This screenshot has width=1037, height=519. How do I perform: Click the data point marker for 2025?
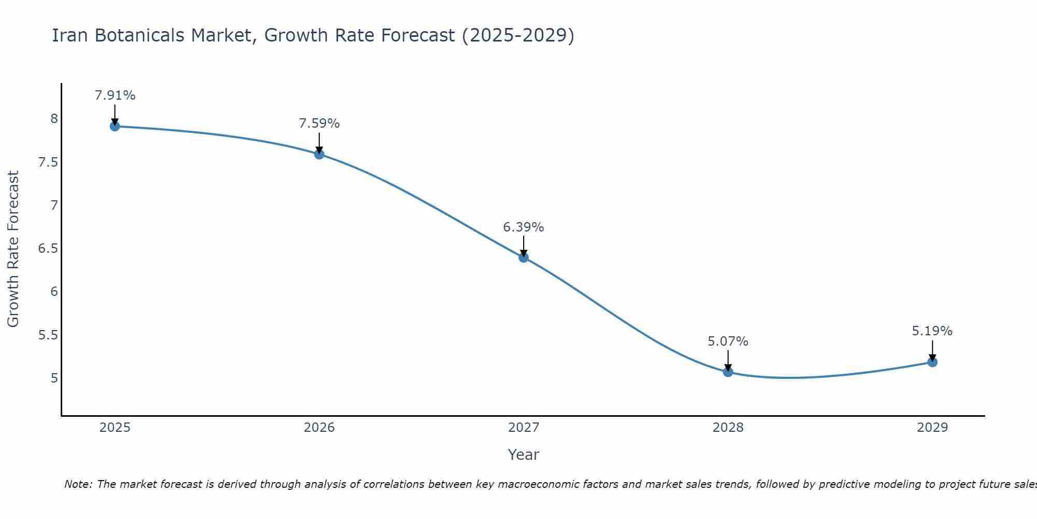(x=115, y=126)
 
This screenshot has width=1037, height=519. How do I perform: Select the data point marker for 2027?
(x=524, y=257)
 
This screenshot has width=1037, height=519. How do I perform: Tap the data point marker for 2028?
(x=728, y=372)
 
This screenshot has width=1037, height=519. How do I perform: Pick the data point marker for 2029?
(x=932, y=362)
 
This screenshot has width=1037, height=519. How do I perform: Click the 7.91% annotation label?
(x=115, y=95)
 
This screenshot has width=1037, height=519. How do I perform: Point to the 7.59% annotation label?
(x=319, y=124)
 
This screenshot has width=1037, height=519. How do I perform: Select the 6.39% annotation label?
(x=524, y=227)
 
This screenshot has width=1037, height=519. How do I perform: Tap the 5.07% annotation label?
(x=728, y=342)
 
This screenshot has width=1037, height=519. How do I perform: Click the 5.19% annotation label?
(x=932, y=331)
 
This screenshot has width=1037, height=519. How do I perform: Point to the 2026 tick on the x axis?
(x=319, y=428)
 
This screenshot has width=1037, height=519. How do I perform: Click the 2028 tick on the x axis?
(x=728, y=428)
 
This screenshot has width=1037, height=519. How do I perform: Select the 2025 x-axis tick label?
(x=115, y=428)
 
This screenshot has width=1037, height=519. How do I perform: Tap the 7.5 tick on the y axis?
(x=48, y=162)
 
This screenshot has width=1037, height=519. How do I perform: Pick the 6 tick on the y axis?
(x=54, y=292)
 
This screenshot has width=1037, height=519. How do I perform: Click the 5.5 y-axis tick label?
(x=48, y=335)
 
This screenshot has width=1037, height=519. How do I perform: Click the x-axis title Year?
(x=524, y=455)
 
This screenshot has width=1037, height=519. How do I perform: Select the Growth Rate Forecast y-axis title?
(x=13, y=249)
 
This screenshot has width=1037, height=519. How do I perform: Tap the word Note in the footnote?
(x=78, y=484)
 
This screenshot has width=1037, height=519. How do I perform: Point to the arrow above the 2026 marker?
(x=319, y=142)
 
